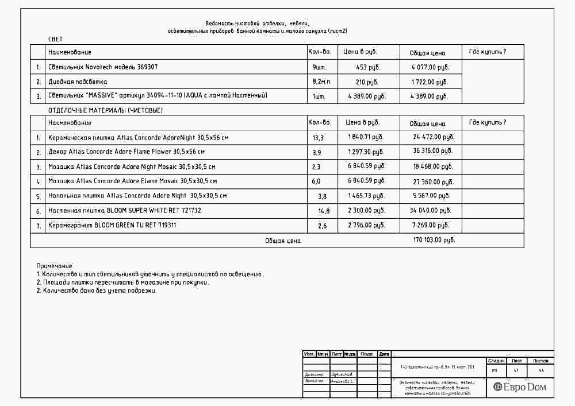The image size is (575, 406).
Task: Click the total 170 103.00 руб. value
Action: pyautogui.click(x=434, y=240)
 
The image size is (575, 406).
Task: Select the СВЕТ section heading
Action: pyautogui.click(x=56, y=39)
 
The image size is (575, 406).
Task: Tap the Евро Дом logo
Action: pyautogui.click(x=520, y=387)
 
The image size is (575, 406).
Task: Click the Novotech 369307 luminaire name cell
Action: pyautogui.click(x=103, y=67)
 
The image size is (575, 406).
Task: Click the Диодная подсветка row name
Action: pyautogui.click(x=78, y=82)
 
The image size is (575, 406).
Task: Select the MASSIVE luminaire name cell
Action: pyautogui.click(x=158, y=96)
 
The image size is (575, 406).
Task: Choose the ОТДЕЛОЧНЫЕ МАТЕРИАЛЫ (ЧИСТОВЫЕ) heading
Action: pyautogui.click(x=105, y=110)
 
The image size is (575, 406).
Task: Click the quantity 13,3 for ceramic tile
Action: pyautogui.click(x=318, y=138)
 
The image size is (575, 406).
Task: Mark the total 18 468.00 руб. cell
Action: pyautogui.click(x=434, y=166)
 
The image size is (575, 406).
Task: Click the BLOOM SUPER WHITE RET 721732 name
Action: pyautogui.click(x=125, y=211)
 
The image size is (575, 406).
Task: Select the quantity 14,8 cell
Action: pyautogui.click(x=324, y=211)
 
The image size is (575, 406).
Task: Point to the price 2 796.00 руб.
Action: pyautogui.click(x=366, y=225)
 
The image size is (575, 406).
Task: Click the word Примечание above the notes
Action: pyautogui.click(x=54, y=266)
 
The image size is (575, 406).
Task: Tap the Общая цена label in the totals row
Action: pyautogui.click(x=283, y=241)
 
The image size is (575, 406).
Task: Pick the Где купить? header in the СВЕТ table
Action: pyautogui.click(x=488, y=52)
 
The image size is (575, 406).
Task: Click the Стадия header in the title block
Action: pyautogui.click(x=496, y=361)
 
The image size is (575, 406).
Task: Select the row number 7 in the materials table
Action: pyautogui.click(x=38, y=226)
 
